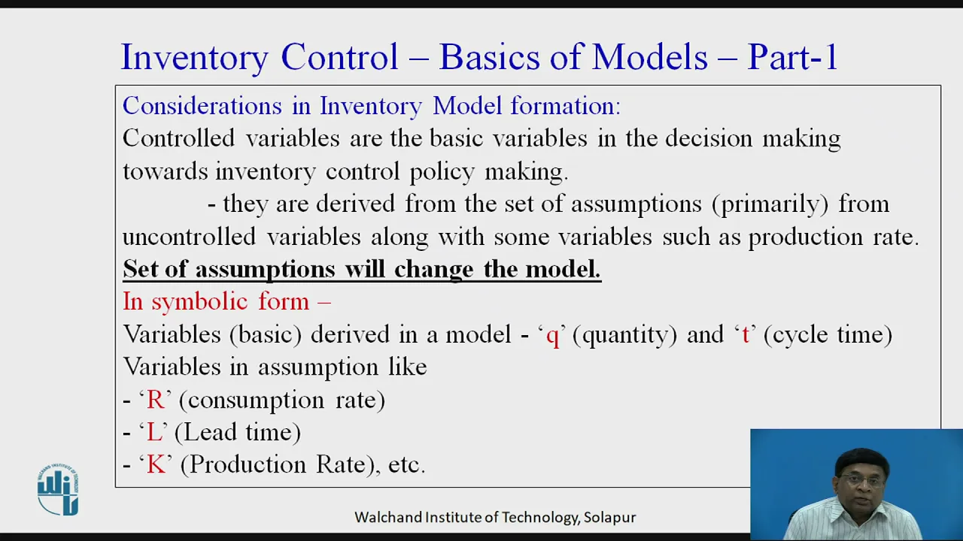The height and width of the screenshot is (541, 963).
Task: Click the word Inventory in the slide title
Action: pyautogui.click(x=195, y=58)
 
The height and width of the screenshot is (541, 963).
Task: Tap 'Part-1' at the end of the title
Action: pyautogui.click(x=792, y=56)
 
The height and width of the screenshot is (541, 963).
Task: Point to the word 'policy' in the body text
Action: pyautogui.click(x=442, y=173)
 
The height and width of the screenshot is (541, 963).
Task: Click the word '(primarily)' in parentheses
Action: pyautogui.click(x=770, y=204)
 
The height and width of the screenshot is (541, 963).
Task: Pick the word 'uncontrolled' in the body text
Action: pyautogui.click(x=189, y=237)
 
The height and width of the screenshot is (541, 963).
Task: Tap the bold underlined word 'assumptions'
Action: pyautogui.click(x=266, y=270)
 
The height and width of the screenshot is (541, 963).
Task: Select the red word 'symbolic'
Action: pyautogui.click(x=200, y=302)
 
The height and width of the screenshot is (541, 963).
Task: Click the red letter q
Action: pyautogui.click(x=552, y=337)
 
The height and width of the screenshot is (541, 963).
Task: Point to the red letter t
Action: pyautogui.click(x=746, y=335)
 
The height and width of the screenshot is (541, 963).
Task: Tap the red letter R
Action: pyautogui.click(x=155, y=400)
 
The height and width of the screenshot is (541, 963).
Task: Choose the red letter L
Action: pyautogui.click(x=154, y=432)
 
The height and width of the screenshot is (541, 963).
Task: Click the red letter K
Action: pyautogui.click(x=156, y=465)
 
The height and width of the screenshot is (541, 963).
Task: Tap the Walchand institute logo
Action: pyautogui.click(x=58, y=489)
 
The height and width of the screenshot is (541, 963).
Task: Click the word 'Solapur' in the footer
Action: pyautogui.click(x=609, y=518)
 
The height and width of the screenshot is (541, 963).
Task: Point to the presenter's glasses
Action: pyautogui.click(x=861, y=479)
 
